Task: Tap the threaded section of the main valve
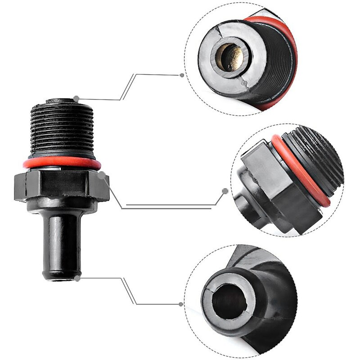(63, 130)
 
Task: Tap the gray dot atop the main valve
(77, 98)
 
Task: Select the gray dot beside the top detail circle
(182, 75)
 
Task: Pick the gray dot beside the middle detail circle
(225, 191)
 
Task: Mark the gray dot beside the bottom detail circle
(181, 304)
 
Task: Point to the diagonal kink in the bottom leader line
(129, 291)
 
